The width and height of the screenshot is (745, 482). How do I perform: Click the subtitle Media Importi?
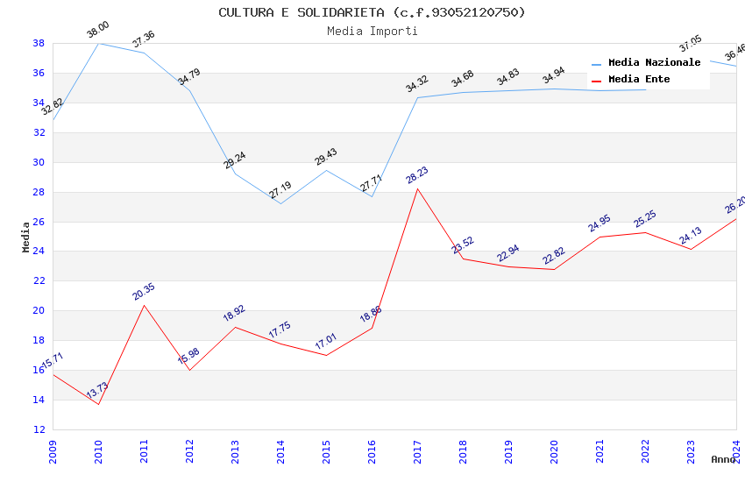point(372,31)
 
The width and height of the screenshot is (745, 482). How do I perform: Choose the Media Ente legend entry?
point(639,80)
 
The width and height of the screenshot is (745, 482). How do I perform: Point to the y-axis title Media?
point(26,237)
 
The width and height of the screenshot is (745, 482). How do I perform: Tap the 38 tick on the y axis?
point(39,43)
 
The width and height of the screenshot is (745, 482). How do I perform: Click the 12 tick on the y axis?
point(39,429)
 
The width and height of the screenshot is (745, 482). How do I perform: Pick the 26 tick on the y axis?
point(39,222)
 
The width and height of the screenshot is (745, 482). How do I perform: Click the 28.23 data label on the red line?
point(416,176)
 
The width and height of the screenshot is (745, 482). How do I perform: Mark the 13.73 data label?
point(96,391)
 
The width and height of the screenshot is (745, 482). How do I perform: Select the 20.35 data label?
point(143,292)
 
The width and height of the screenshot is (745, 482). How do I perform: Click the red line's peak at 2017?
point(417,188)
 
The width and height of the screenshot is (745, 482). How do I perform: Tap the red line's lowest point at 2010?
point(98,404)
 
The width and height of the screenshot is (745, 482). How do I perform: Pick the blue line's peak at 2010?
point(98,43)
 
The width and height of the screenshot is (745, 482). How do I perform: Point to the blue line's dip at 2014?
point(280,204)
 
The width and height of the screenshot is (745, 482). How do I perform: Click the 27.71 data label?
point(371,185)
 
